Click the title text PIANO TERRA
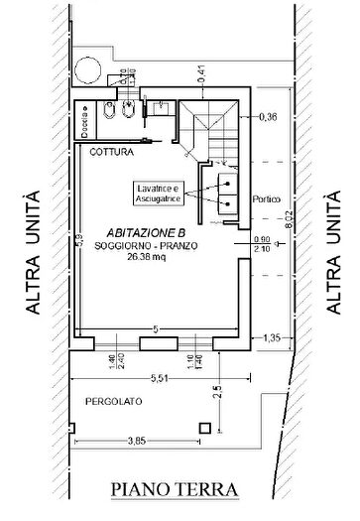coord(175,489)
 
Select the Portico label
coord(268,197)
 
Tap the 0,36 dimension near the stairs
coord(266,117)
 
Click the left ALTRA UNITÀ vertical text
coord(34,252)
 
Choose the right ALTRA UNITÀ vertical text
coord(326,252)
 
